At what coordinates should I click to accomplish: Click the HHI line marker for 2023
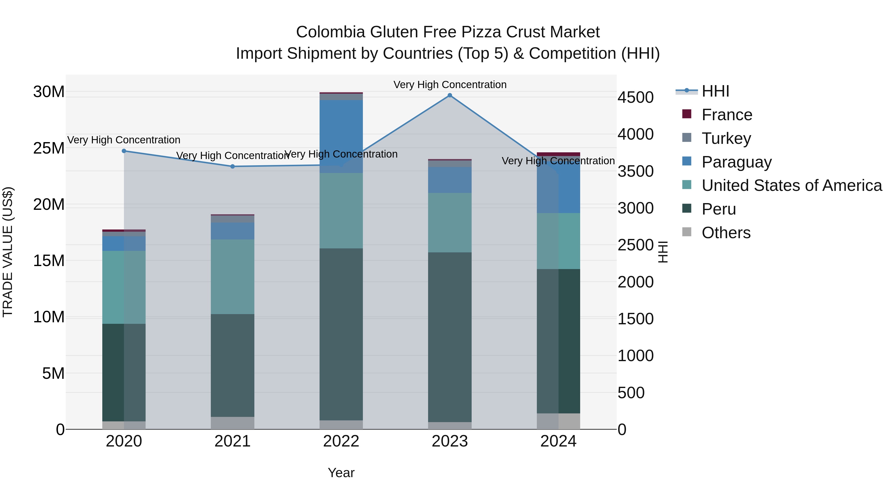click(x=450, y=95)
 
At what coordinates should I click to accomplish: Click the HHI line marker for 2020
click(x=124, y=151)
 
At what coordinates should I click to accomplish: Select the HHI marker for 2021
click(x=233, y=166)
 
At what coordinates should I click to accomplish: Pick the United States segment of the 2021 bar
click(x=233, y=277)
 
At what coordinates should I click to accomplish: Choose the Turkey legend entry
click(x=726, y=138)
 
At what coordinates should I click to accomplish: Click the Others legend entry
click(x=726, y=233)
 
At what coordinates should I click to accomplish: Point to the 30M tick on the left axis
click(x=49, y=92)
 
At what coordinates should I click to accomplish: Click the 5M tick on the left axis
click(x=53, y=373)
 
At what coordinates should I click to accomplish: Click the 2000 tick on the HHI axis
click(x=635, y=282)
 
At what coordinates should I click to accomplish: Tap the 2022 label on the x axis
click(x=341, y=441)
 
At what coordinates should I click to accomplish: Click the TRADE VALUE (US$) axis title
click(x=8, y=252)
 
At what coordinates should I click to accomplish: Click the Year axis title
click(x=341, y=473)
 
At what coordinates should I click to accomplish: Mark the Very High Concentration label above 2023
click(x=450, y=85)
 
